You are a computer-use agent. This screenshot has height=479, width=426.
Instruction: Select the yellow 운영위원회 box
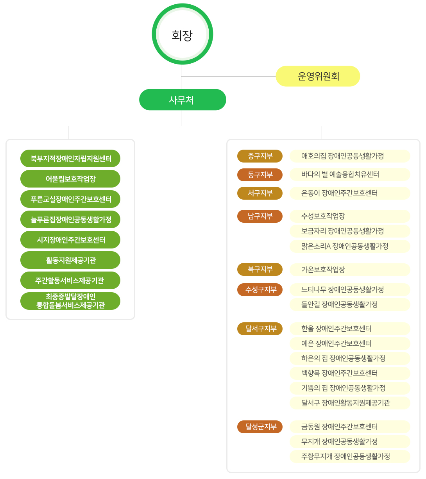(318, 76)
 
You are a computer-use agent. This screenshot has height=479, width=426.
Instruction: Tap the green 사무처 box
(183, 100)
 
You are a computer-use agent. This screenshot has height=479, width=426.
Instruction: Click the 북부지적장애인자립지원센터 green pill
(70, 158)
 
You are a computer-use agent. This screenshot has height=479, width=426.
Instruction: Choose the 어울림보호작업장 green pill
(70, 179)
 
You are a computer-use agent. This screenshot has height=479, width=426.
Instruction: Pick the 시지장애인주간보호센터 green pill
(70, 240)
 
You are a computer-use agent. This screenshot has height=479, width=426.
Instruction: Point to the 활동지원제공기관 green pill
(70, 260)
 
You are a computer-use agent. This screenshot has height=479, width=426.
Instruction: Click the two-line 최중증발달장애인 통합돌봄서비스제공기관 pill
(70, 301)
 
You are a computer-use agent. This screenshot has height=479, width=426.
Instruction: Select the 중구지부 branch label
(260, 156)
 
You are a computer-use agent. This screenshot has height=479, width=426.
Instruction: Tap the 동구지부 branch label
(260, 175)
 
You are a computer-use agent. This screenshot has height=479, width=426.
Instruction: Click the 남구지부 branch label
(260, 216)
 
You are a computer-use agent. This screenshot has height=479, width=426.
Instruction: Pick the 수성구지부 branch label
(260, 290)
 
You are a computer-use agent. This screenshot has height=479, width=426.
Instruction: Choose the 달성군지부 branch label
(260, 427)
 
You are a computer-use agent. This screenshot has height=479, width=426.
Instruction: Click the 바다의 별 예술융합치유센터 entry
(350, 175)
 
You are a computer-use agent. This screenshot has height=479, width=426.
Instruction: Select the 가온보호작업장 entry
(350, 270)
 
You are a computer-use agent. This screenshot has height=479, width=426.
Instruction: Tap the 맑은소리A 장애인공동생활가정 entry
(350, 246)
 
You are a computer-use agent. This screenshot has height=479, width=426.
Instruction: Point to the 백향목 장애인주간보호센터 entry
(350, 373)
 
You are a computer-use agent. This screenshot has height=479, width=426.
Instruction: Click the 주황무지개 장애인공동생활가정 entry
(350, 456)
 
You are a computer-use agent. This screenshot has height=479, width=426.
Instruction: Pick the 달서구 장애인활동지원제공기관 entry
(350, 403)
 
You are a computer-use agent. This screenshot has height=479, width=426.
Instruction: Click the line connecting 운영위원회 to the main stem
(229, 76)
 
